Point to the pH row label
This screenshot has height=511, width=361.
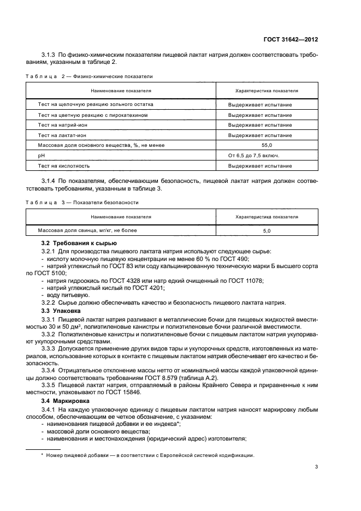tap(41, 156)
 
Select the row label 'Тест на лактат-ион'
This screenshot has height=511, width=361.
tap(60, 135)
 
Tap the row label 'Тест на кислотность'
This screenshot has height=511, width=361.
tap(63, 166)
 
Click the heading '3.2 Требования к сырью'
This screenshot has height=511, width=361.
tap(79, 243)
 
